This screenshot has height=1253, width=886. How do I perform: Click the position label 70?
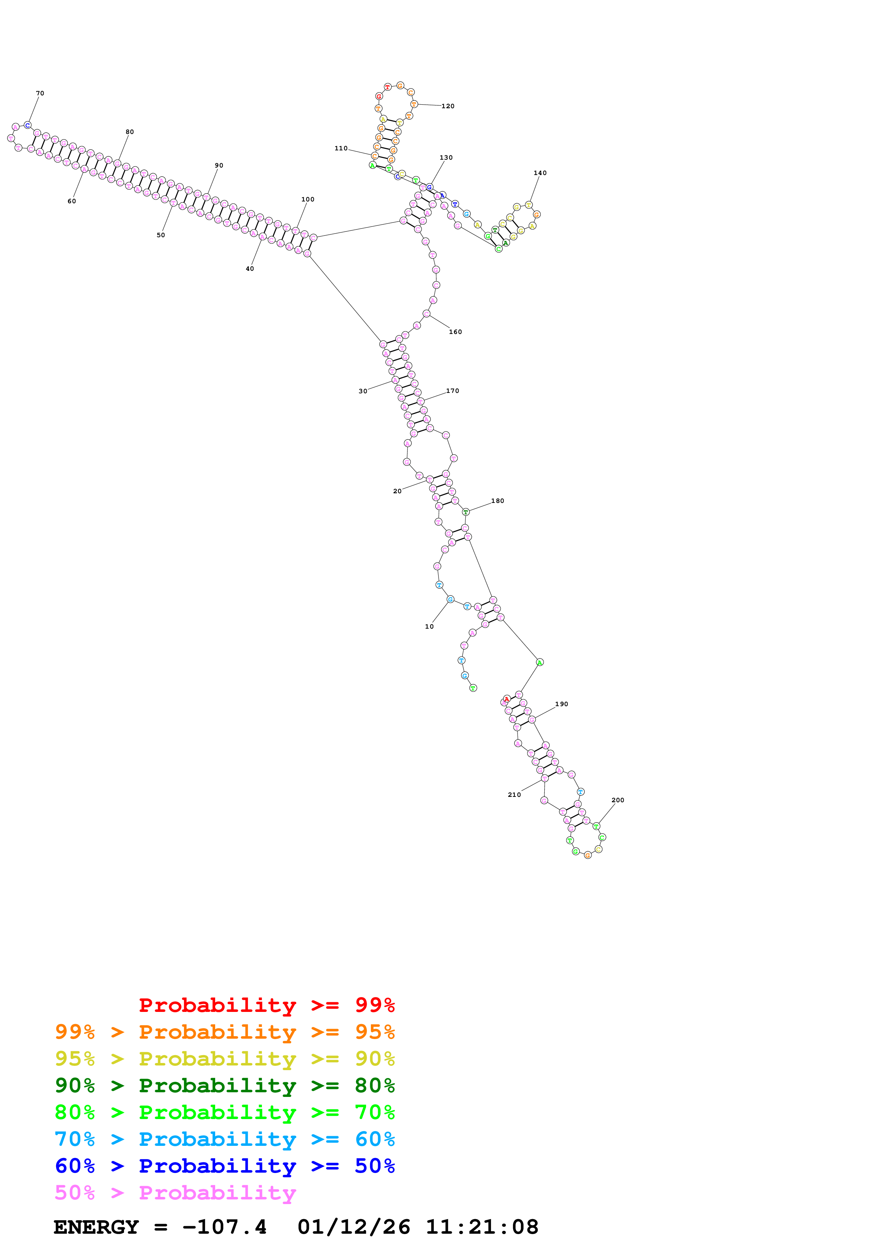point(40,93)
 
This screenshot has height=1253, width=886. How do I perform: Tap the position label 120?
point(447,106)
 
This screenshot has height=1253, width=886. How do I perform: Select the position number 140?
point(540,173)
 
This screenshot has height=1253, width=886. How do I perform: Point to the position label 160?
point(455,332)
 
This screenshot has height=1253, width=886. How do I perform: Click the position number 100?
point(308,199)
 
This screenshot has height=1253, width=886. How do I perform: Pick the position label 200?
point(618,800)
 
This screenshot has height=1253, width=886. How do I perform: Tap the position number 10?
point(429,626)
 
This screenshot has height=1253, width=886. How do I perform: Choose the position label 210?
point(514,795)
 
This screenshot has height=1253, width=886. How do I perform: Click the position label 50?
point(160,235)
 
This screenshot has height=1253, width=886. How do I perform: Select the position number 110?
point(341,149)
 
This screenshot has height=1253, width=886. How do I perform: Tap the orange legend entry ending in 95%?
point(224,1032)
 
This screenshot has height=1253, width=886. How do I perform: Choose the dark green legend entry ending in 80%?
point(224,1085)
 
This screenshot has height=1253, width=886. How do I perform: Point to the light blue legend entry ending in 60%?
point(224,1139)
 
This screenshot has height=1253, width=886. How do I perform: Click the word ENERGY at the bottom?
point(96,1227)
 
